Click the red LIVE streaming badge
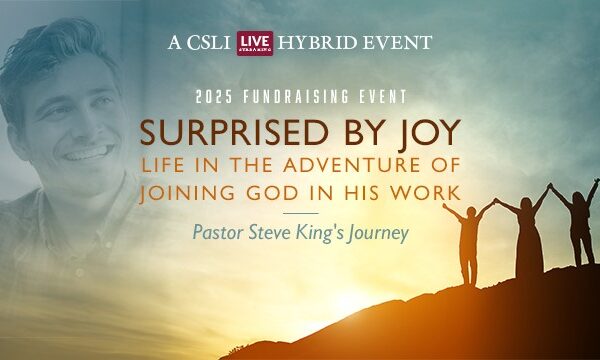pyautogui.click(x=255, y=43)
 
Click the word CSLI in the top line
pyautogui.click(x=209, y=43)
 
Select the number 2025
pyautogui.click(x=214, y=97)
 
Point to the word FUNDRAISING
pyautogui.click(x=296, y=97)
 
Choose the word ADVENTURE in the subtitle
pyautogui.click(x=347, y=165)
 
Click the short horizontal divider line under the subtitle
pyautogui.click(x=301, y=213)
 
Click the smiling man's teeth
pyautogui.click(x=92, y=153)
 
